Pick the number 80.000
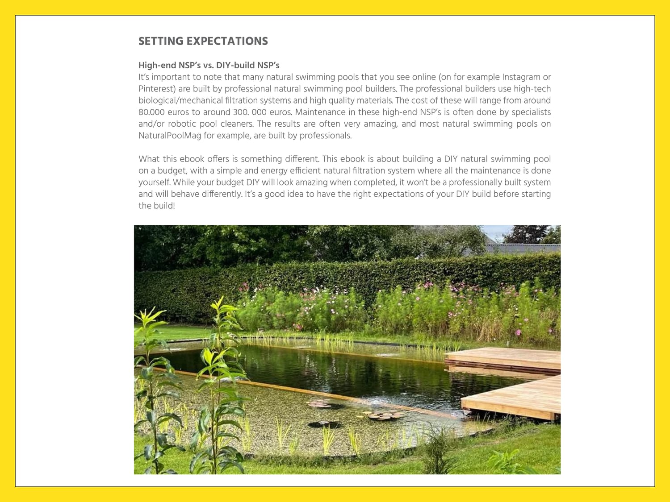point(151,112)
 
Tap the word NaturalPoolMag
point(170,136)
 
